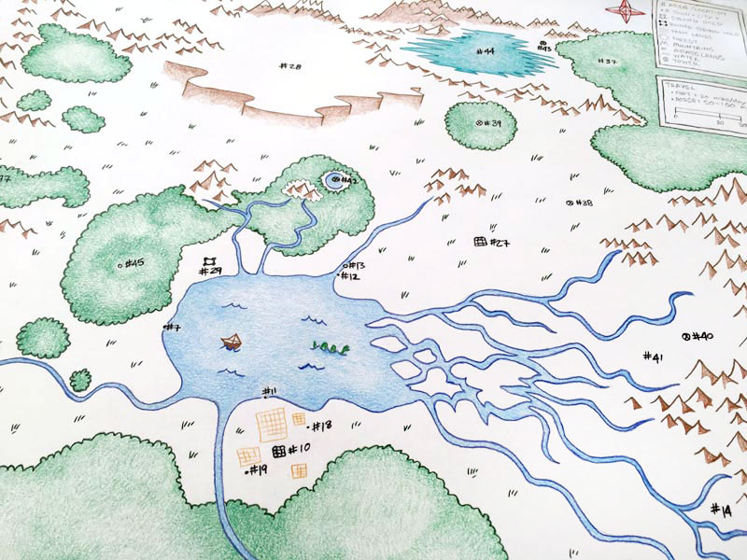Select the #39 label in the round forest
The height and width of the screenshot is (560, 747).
[491, 123]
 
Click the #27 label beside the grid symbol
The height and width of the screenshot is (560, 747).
[499, 244]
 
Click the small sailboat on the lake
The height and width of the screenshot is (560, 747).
[231, 341]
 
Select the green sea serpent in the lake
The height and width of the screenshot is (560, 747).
[330, 348]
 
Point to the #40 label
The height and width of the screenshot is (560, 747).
[702, 336]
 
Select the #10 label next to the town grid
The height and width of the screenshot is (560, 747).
[300, 450]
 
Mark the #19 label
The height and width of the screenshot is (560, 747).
[259, 469]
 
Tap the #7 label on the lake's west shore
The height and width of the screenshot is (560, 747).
[173, 328]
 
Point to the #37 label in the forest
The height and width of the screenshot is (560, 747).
[608, 63]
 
